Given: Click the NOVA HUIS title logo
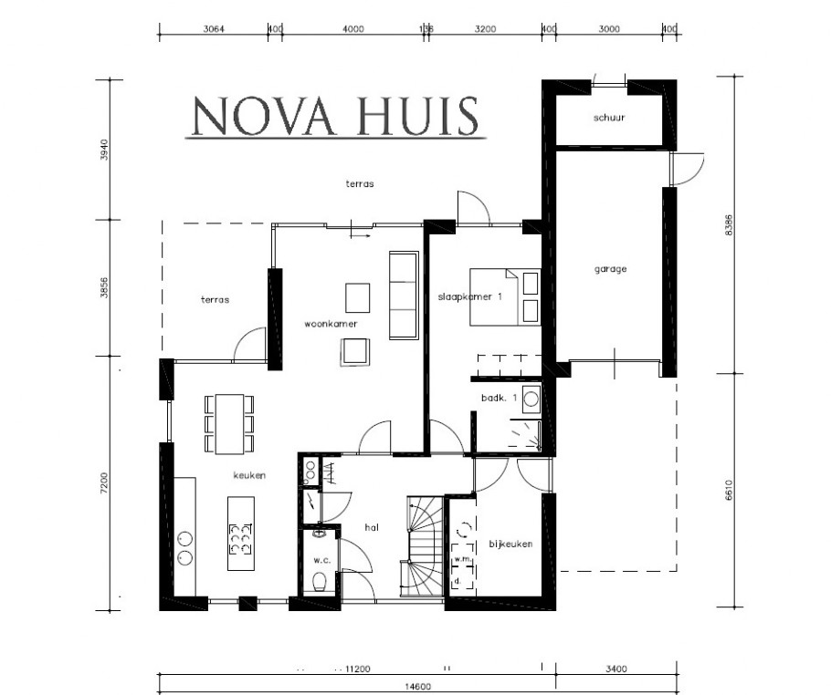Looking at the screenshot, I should point(333,116).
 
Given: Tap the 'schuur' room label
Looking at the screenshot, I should point(608,118).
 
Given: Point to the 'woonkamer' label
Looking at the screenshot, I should point(331,323).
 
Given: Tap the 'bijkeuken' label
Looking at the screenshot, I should point(510,544).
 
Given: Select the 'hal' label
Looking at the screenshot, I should point(371,526).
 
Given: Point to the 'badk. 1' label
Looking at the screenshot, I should point(500,399).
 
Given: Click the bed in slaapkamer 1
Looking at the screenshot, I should point(505,296).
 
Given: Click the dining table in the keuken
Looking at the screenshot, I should point(229,423).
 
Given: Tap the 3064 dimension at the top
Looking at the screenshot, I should point(214,28).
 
